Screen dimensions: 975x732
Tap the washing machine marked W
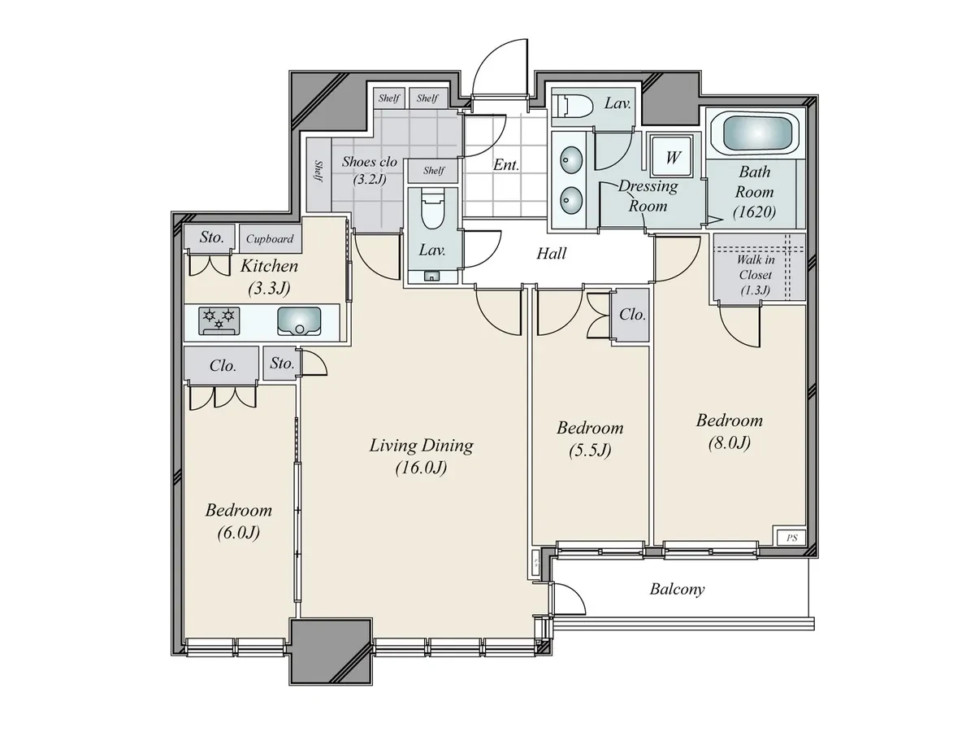(671, 156)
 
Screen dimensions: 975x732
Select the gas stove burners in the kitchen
(219, 320)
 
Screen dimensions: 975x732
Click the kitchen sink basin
(299, 321)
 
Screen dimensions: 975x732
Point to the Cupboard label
(270, 239)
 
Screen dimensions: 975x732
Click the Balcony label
(677, 590)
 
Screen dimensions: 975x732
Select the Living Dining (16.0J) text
(421, 456)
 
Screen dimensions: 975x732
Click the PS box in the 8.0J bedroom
(791, 538)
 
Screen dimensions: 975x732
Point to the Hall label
(551, 253)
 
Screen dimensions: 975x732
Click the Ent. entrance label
(506, 165)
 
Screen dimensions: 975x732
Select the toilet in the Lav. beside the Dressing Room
(572, 107)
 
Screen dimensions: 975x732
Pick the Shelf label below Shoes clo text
(434, 171)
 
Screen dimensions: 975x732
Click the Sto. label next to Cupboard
(211, 237)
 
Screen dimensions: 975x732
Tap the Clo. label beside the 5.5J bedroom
(632, 315)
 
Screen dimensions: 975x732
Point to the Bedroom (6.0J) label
(239, 521)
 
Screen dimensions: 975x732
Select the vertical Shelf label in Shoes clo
(318, 172)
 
